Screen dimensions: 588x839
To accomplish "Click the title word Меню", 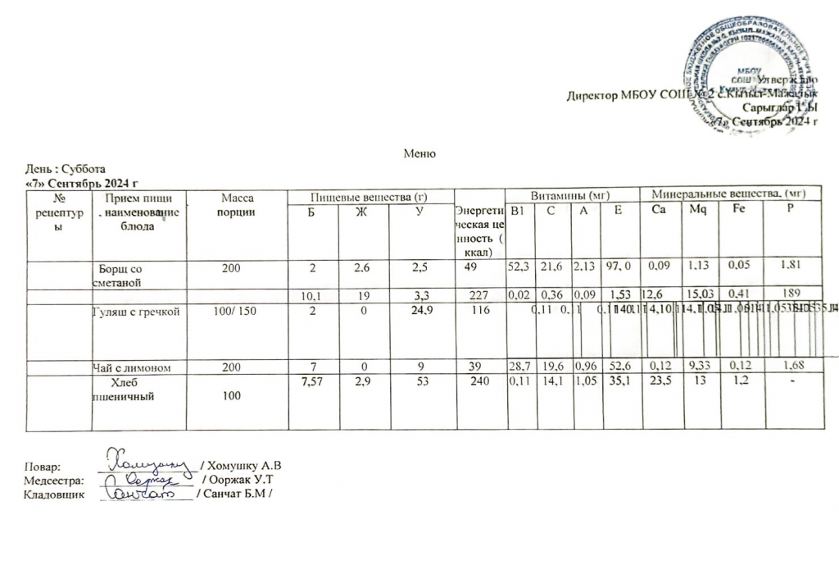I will [x=418, y=153].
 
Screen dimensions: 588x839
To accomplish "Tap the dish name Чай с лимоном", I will [x=131, y=368].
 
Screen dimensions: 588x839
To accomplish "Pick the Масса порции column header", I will [x=238, y=204].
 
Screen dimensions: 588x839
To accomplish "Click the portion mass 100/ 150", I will [x=237, y=312].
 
